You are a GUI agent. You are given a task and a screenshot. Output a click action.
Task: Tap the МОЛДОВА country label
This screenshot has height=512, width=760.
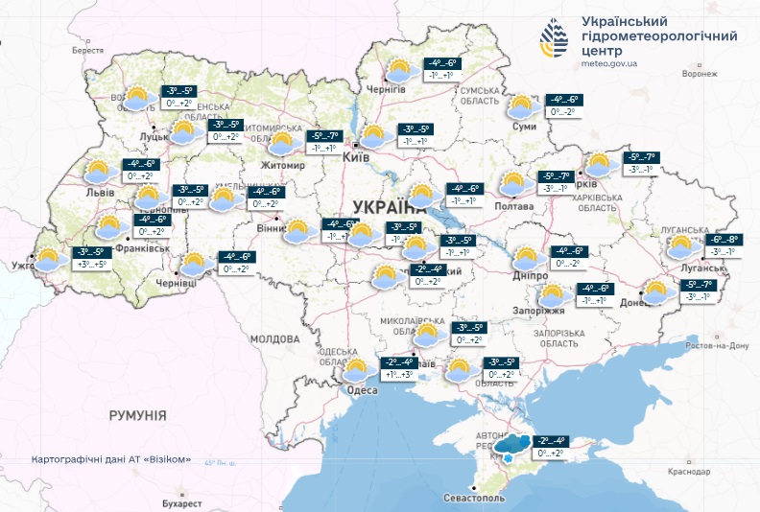click(274, 339)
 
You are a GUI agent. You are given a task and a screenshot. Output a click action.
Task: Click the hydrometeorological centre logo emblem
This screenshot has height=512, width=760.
click(555, 39)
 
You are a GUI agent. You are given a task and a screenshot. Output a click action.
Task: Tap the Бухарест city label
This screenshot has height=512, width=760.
click(182, 502)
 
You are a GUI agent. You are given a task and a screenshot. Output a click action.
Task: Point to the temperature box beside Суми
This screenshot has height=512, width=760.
click(564, 105)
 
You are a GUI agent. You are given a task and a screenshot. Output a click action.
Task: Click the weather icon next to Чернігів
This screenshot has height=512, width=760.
click(399, 70)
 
